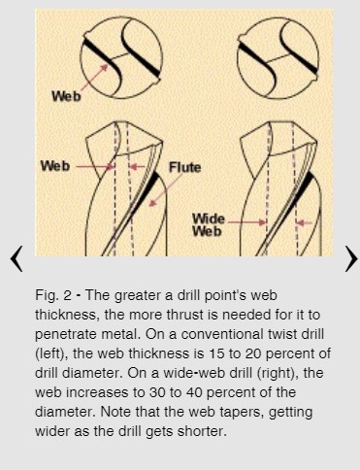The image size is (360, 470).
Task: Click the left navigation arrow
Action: coord(16,258)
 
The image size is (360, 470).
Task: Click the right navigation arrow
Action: coord(351,258)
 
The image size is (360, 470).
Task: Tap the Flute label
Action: coord(185,167)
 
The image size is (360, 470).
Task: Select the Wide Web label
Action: coord(209,225)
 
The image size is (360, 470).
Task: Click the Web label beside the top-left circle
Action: coord(66,96)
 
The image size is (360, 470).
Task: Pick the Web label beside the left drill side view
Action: coord(55,166)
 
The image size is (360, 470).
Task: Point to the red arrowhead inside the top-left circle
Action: coord(104,68)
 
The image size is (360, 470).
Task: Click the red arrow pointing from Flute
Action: coord(166,190)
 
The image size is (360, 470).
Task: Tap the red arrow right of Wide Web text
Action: coord(246,222)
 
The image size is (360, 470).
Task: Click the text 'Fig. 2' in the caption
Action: coord(53,295)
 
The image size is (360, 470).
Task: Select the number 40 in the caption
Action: coord(194,392)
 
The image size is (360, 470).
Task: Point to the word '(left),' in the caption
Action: coord(51,353)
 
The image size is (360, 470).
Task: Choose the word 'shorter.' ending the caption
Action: coord(203,431)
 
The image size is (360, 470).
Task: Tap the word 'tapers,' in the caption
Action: coord(243,413)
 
